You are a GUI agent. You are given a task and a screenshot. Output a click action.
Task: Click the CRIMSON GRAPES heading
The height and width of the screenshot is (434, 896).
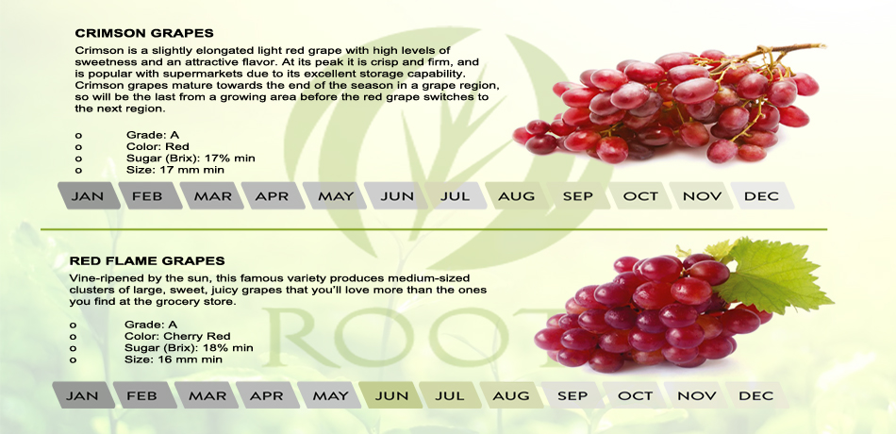[144, 33]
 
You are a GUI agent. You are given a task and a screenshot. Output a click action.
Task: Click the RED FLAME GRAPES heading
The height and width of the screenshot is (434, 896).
[147, 261]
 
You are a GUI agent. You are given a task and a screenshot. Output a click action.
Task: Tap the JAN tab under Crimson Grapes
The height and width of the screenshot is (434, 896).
[89, 196]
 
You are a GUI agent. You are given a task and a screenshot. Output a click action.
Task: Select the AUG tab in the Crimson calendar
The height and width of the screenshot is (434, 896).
[517, 196]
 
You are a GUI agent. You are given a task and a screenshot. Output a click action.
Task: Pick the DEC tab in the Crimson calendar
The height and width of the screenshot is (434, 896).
[762, 196]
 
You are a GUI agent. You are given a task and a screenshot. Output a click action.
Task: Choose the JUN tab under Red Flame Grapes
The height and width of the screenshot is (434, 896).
[391, 395]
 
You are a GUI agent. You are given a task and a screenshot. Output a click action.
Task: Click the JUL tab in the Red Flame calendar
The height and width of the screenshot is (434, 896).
[450, 395]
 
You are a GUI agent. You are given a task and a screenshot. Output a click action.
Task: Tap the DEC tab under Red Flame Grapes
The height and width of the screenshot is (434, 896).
[756, 395]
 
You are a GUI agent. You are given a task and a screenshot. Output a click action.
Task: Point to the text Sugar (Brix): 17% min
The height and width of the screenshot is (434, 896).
[191, 159]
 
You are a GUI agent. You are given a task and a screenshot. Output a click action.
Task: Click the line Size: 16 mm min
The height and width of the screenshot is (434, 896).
[174, 359]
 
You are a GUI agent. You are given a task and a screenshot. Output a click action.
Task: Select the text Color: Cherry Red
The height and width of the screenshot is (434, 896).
[177, 336]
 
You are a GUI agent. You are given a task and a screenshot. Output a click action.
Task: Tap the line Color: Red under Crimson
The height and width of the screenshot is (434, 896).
[158, 146]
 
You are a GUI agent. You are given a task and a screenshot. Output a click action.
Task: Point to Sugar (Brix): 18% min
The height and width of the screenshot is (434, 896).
[189, 347]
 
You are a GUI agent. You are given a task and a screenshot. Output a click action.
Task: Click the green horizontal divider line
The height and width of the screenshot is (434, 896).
[434, 229]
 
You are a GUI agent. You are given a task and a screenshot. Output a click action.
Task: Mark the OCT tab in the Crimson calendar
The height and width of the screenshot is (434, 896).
[640, 196]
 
